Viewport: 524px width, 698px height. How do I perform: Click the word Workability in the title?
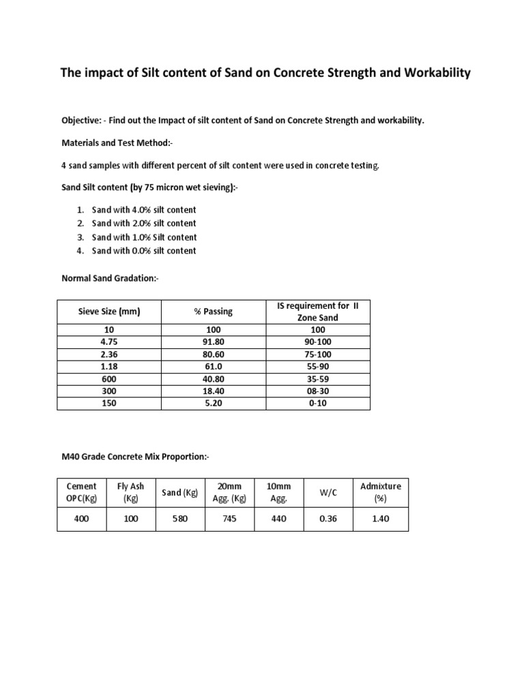point(435,73)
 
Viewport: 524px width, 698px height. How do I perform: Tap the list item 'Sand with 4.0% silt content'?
point(144,210)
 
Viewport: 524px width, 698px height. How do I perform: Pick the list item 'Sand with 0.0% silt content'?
point(144,251)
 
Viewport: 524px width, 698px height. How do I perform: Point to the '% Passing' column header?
point(213,312)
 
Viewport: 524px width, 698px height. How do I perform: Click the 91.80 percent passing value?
point(213,341)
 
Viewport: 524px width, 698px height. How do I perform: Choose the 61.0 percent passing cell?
point(213,366)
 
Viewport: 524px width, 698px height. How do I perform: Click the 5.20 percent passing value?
point(213,403)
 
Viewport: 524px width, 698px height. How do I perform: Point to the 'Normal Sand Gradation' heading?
point(110,278)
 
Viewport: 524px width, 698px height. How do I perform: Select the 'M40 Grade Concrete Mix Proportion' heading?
point(134,456)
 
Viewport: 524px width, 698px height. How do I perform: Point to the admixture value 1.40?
point(381,519)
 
